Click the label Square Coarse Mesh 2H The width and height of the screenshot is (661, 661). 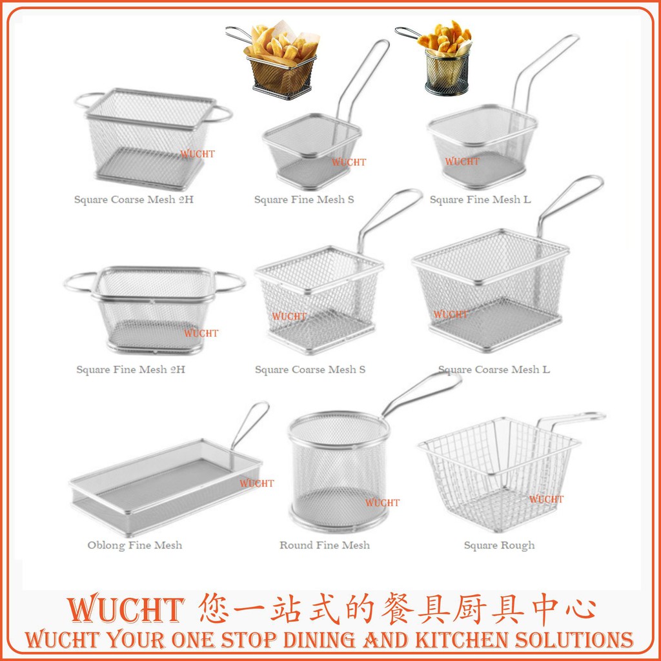click(134, 199)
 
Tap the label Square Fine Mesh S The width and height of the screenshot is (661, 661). click(304, 199)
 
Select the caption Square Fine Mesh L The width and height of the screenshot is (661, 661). click(480, 199)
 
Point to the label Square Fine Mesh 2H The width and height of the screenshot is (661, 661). click(130, 370)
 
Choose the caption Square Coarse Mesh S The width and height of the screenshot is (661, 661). click(310, 370)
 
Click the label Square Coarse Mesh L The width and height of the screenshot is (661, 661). click(494, 370)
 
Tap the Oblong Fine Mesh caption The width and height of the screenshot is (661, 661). click(135, 545)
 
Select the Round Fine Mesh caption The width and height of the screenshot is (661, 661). click(325, 545)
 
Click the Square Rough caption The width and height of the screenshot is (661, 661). click(499, 545)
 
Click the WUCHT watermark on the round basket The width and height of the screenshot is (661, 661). click(382, 503)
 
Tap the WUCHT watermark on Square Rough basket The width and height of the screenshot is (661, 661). click(546, 499)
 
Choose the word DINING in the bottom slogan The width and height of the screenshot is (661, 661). click(314, 640)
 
